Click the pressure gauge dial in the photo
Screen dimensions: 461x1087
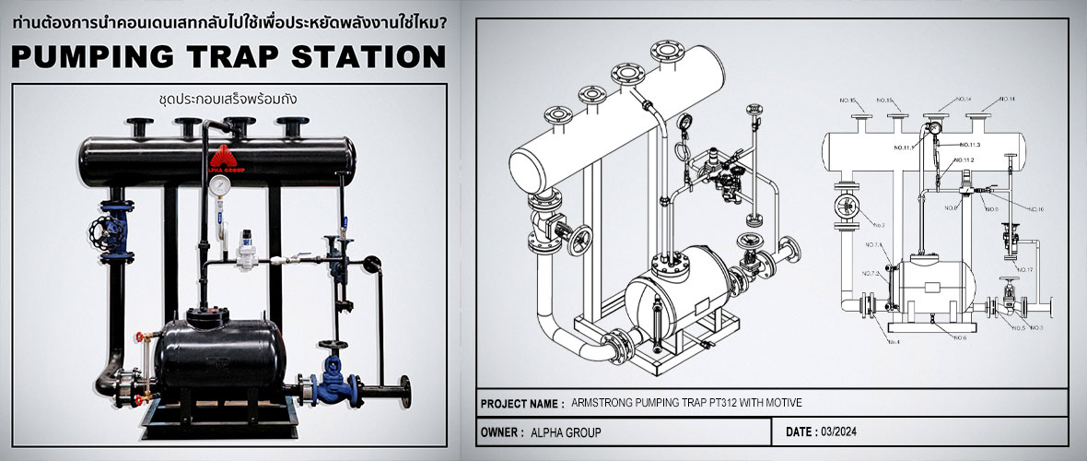click(219, 184)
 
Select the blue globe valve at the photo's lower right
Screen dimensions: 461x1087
click(329, 384)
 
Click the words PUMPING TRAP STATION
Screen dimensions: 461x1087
click(229, 57)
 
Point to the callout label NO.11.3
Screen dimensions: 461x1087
click(969, 145)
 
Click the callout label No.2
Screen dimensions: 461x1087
click(877, 225)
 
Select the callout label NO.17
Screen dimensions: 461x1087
click(1024, 269)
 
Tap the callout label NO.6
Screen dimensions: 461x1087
click(958, 338)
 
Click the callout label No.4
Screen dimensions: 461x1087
click(893, 342)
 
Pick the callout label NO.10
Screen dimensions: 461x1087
click(1035, 209)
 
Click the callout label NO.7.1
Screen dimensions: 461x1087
click(872, 245)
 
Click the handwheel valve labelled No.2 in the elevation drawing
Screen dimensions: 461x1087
click(846, 211)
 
